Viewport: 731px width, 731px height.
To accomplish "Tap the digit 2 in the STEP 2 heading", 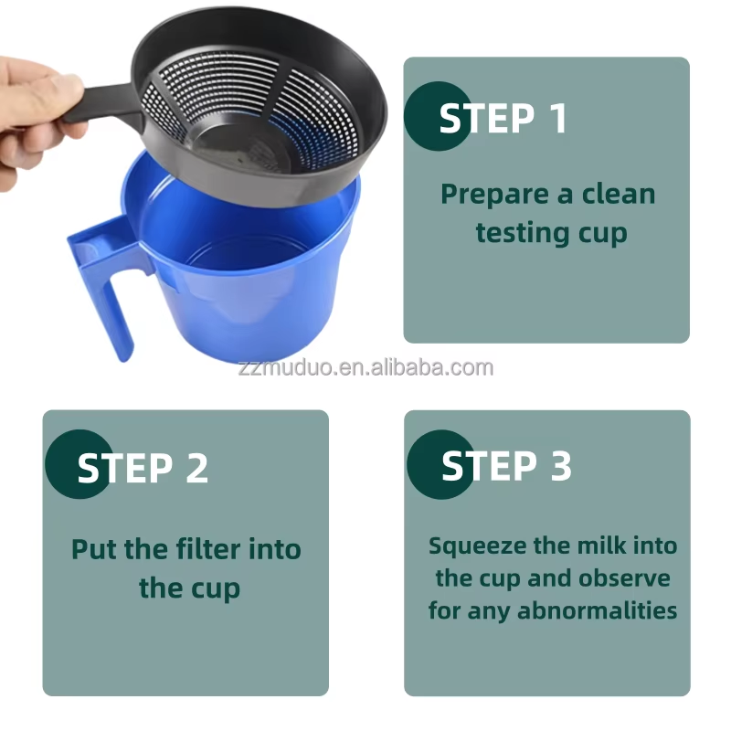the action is (196, 468).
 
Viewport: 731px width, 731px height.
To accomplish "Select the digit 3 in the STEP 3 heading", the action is (561, 465).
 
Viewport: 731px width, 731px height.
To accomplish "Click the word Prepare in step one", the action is (494, 195).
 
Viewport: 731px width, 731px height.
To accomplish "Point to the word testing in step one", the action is (522, 233).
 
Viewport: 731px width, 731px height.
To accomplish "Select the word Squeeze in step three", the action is (477, 546).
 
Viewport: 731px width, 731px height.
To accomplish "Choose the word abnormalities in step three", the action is (598, 610).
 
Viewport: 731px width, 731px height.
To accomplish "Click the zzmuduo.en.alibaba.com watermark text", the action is (365, 368).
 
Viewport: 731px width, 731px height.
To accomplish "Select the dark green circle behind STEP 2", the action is (79, 464).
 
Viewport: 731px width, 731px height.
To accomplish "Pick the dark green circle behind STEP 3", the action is (441, 464).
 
